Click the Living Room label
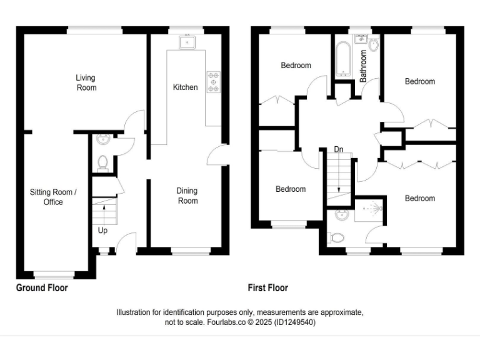click(x=86, y=82)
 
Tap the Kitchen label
click(x=185, y=87)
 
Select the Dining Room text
click(x=187, y=196)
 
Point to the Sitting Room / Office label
click(x=53, y=197)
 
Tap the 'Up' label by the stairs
click(x=102, y=231)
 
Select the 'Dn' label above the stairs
click(x=338, y=149)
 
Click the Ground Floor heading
click(x=42, y=288)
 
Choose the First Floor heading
click(x=267, y=288)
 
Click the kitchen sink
click(x=186, y=42)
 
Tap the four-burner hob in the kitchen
click(x=214, y=81)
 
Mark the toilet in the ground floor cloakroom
click(x=103, y=162)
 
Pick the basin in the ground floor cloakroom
click(x=102, y=140)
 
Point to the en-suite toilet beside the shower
click(x=336, y=237)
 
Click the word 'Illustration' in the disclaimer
click(x=135, y=312)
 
